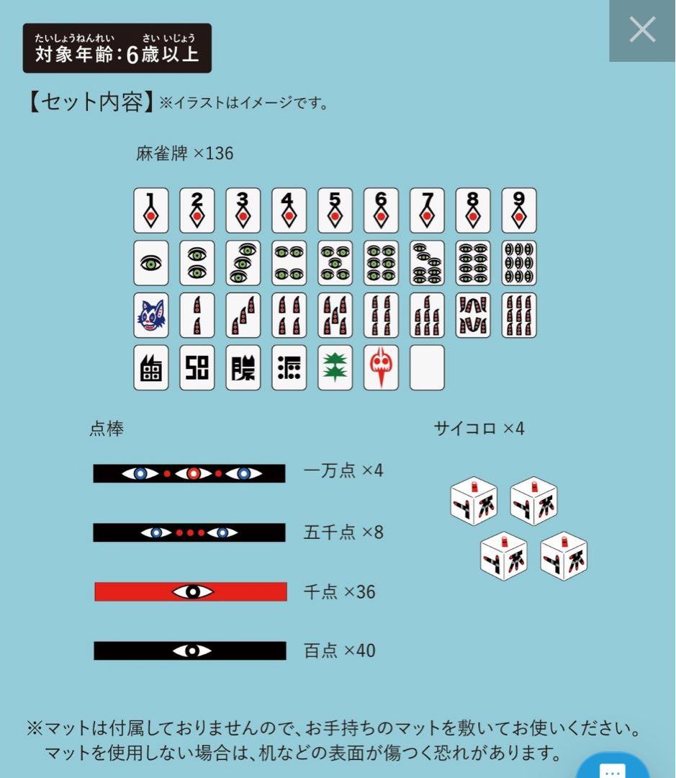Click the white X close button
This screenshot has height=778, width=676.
[642, 30]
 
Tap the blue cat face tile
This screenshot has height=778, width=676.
[151, 316]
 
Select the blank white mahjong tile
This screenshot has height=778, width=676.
[427, 367]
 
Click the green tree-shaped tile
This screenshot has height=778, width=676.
[335, 367]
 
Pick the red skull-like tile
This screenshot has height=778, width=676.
[381, 367]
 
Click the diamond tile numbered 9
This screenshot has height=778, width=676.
[519, 210]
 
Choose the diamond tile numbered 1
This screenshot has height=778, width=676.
[151, 210]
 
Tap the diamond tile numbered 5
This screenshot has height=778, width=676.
[335, 210]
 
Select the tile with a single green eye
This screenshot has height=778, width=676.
[151, 263]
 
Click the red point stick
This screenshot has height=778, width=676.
[191, 591]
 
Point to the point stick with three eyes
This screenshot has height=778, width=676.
[189, 473]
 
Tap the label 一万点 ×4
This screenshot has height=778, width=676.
[343, 471]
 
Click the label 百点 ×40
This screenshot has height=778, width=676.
[340, 650]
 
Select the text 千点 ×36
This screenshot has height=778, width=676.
[340, 591]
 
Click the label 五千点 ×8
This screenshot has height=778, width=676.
[343, 532]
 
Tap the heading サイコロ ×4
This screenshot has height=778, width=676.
[479, 429]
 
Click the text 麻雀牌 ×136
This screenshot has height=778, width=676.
[184, 153]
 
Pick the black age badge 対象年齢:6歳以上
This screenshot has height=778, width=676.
[117, 48]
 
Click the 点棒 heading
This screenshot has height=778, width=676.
[107, 429]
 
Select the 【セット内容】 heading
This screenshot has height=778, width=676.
[89, 101]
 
